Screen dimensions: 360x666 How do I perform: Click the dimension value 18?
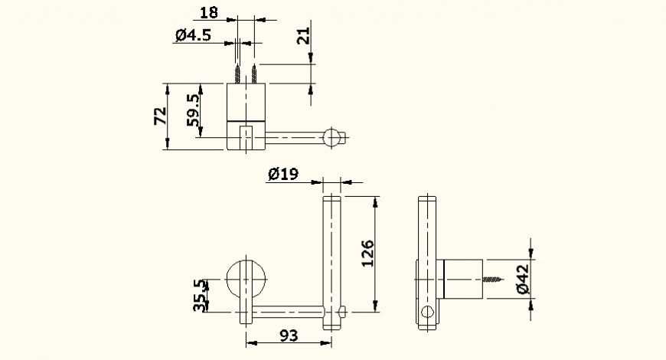click(208, 11)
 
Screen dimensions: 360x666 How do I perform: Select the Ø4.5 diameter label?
click(192, 34)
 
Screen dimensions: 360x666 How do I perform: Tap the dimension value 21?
click(304, 35)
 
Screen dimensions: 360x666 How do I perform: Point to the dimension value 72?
click(160, 116)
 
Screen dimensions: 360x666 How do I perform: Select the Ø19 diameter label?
click(282, 175)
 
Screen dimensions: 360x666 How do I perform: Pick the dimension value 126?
click(367, 254)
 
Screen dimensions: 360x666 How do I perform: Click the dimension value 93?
click(289, 335)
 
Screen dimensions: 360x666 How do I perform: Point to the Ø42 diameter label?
click(522, 279)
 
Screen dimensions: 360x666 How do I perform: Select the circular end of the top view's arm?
click(331, 138)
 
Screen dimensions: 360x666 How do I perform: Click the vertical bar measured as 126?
click(331, 253)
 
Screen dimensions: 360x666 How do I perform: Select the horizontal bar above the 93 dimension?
click(291, 312)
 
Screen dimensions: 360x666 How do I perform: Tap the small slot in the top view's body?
click(246, 138)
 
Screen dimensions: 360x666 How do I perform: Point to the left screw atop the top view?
click(240, 74)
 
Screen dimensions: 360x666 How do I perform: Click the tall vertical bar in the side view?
click(427, 230)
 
